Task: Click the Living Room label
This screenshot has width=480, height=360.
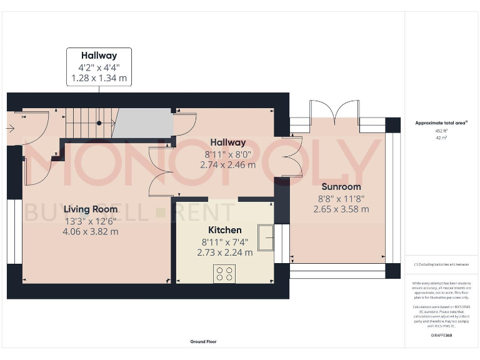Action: [91, 209]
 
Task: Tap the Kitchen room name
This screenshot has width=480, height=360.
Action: [224, 231]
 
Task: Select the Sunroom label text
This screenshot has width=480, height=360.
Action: [341, 187]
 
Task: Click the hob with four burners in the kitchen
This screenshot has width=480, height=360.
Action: [224, 273]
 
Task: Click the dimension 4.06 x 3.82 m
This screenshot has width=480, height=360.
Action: [91, 231]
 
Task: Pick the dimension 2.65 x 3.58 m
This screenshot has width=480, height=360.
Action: [341, 209]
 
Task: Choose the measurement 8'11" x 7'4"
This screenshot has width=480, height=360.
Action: [224, 242]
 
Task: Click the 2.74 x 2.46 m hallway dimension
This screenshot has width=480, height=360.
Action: [227, 165]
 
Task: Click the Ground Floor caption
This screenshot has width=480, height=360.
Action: [204, 342]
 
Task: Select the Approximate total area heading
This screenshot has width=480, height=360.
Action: [441, 122]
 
